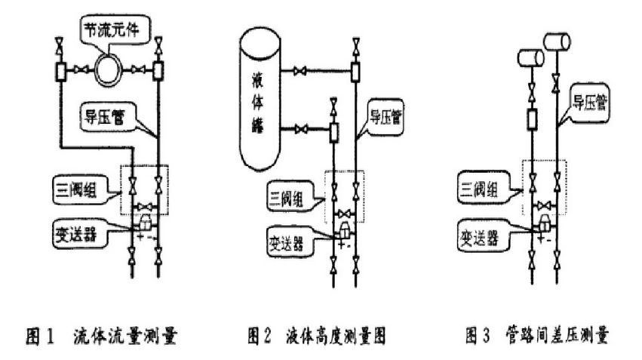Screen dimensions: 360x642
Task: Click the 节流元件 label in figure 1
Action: (114, 33)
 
